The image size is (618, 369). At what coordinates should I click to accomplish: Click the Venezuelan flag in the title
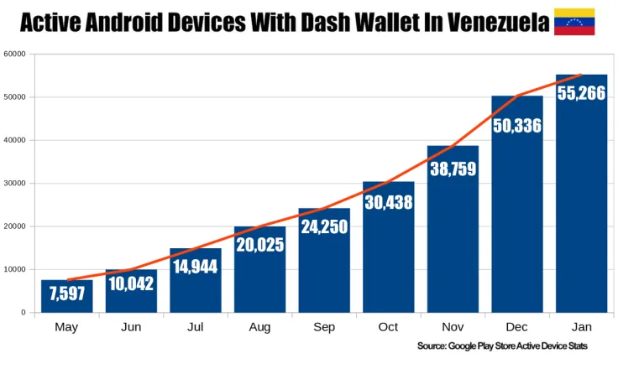(574, 21)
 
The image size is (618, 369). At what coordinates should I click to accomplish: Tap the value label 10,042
(131, 283)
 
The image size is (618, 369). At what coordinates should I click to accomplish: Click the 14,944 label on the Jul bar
(196, 267)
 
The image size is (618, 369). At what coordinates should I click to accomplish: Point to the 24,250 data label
(324, 226)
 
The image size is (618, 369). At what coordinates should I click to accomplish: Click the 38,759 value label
(453, 169)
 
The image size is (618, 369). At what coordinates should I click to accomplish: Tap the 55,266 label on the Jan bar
(581, 93)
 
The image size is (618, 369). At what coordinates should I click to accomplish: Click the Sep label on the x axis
(324, 327)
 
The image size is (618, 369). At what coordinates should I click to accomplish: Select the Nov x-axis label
(453, 327)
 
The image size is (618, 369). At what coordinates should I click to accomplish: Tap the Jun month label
(131, 327)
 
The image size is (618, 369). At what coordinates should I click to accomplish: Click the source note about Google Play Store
(502, 346)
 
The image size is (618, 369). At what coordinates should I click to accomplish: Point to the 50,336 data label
(517, 126)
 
